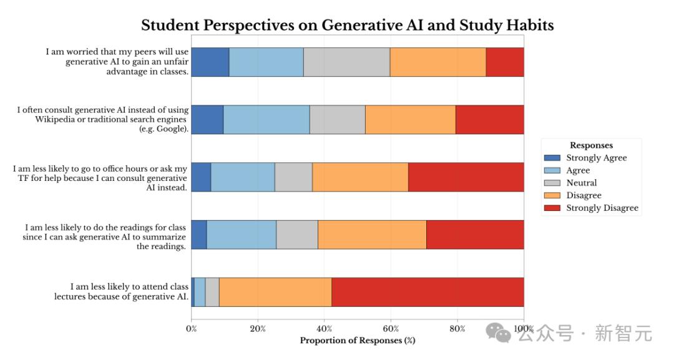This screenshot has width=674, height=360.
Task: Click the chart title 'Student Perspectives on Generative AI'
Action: click(x=347, y=25)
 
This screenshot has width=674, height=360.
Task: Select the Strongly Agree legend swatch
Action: click(x=552, y=158)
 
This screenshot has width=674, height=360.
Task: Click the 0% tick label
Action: click(x=192, y=329)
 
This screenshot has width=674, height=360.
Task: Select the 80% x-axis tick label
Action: click(x=457, y=329)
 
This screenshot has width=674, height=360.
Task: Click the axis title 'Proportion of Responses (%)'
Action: click(x=357, y=341)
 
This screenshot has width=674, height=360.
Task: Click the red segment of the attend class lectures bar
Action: click(x=427, y=292)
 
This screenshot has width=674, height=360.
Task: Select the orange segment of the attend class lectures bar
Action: click(x=275, y=292)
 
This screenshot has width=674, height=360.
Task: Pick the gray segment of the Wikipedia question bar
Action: click(x=337, y=119)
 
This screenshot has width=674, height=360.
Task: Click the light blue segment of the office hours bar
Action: click(x=243, y=177)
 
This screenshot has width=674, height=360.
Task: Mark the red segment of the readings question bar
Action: click(x=475, y=235)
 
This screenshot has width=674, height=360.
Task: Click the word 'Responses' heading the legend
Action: click(x=591, y=145)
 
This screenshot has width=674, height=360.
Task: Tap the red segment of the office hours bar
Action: click(x=466, y=177)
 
